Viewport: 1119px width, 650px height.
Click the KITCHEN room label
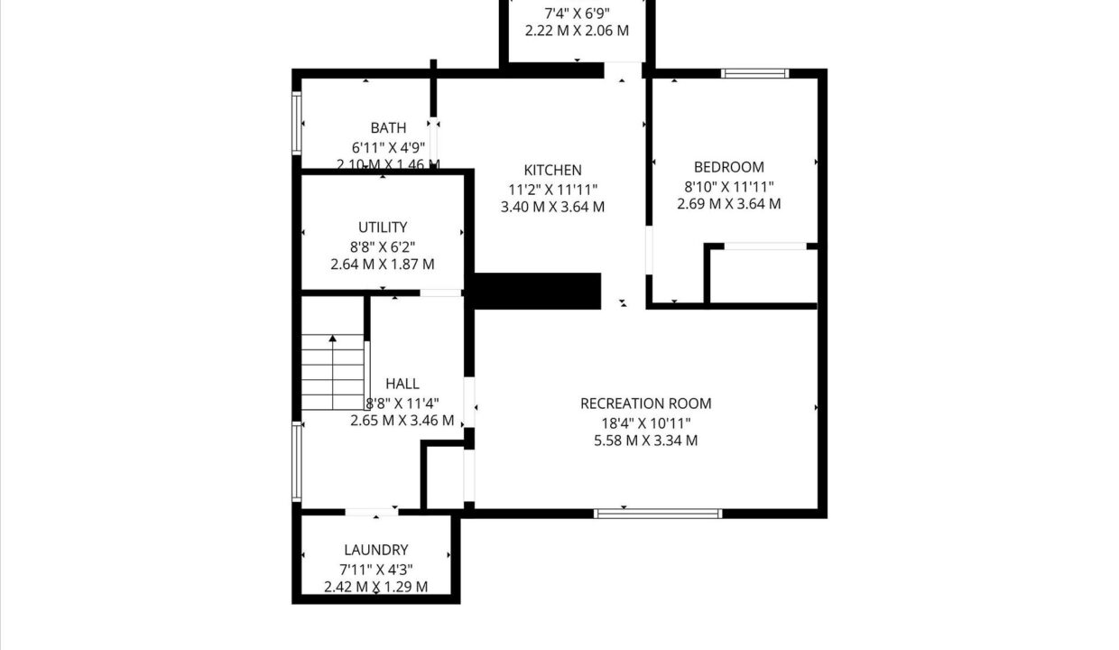tap(552, 171)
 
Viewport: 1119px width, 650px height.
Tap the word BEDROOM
tap(729, 167)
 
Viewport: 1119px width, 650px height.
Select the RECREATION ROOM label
tap(645, 404)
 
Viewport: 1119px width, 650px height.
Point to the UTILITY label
tap(383, 227)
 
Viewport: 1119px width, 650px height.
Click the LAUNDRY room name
tap(375, 550)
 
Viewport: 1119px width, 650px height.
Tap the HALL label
tap(402, 384)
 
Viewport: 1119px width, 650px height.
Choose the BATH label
tap(388, 128)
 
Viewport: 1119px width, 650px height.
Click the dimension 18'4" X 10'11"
tap(645, 423)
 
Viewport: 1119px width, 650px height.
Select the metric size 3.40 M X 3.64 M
tap(552, 207)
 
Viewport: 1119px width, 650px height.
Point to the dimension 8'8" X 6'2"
tap(383, 247)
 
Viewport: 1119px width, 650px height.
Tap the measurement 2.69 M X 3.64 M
tap(729, 204)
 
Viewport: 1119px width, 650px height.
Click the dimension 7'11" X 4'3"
tap(375, 570)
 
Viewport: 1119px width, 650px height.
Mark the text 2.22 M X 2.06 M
tap(577, 31)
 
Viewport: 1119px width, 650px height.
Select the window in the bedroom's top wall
tap(754, 74)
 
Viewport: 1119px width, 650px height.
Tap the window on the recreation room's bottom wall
tap(658, 514)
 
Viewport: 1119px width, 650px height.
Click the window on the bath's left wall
tap(297, 124)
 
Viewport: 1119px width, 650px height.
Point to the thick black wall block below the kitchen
tap(537, 292)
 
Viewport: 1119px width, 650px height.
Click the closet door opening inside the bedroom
tap(765, 246)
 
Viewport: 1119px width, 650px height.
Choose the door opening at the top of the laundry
tap(372, 512)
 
